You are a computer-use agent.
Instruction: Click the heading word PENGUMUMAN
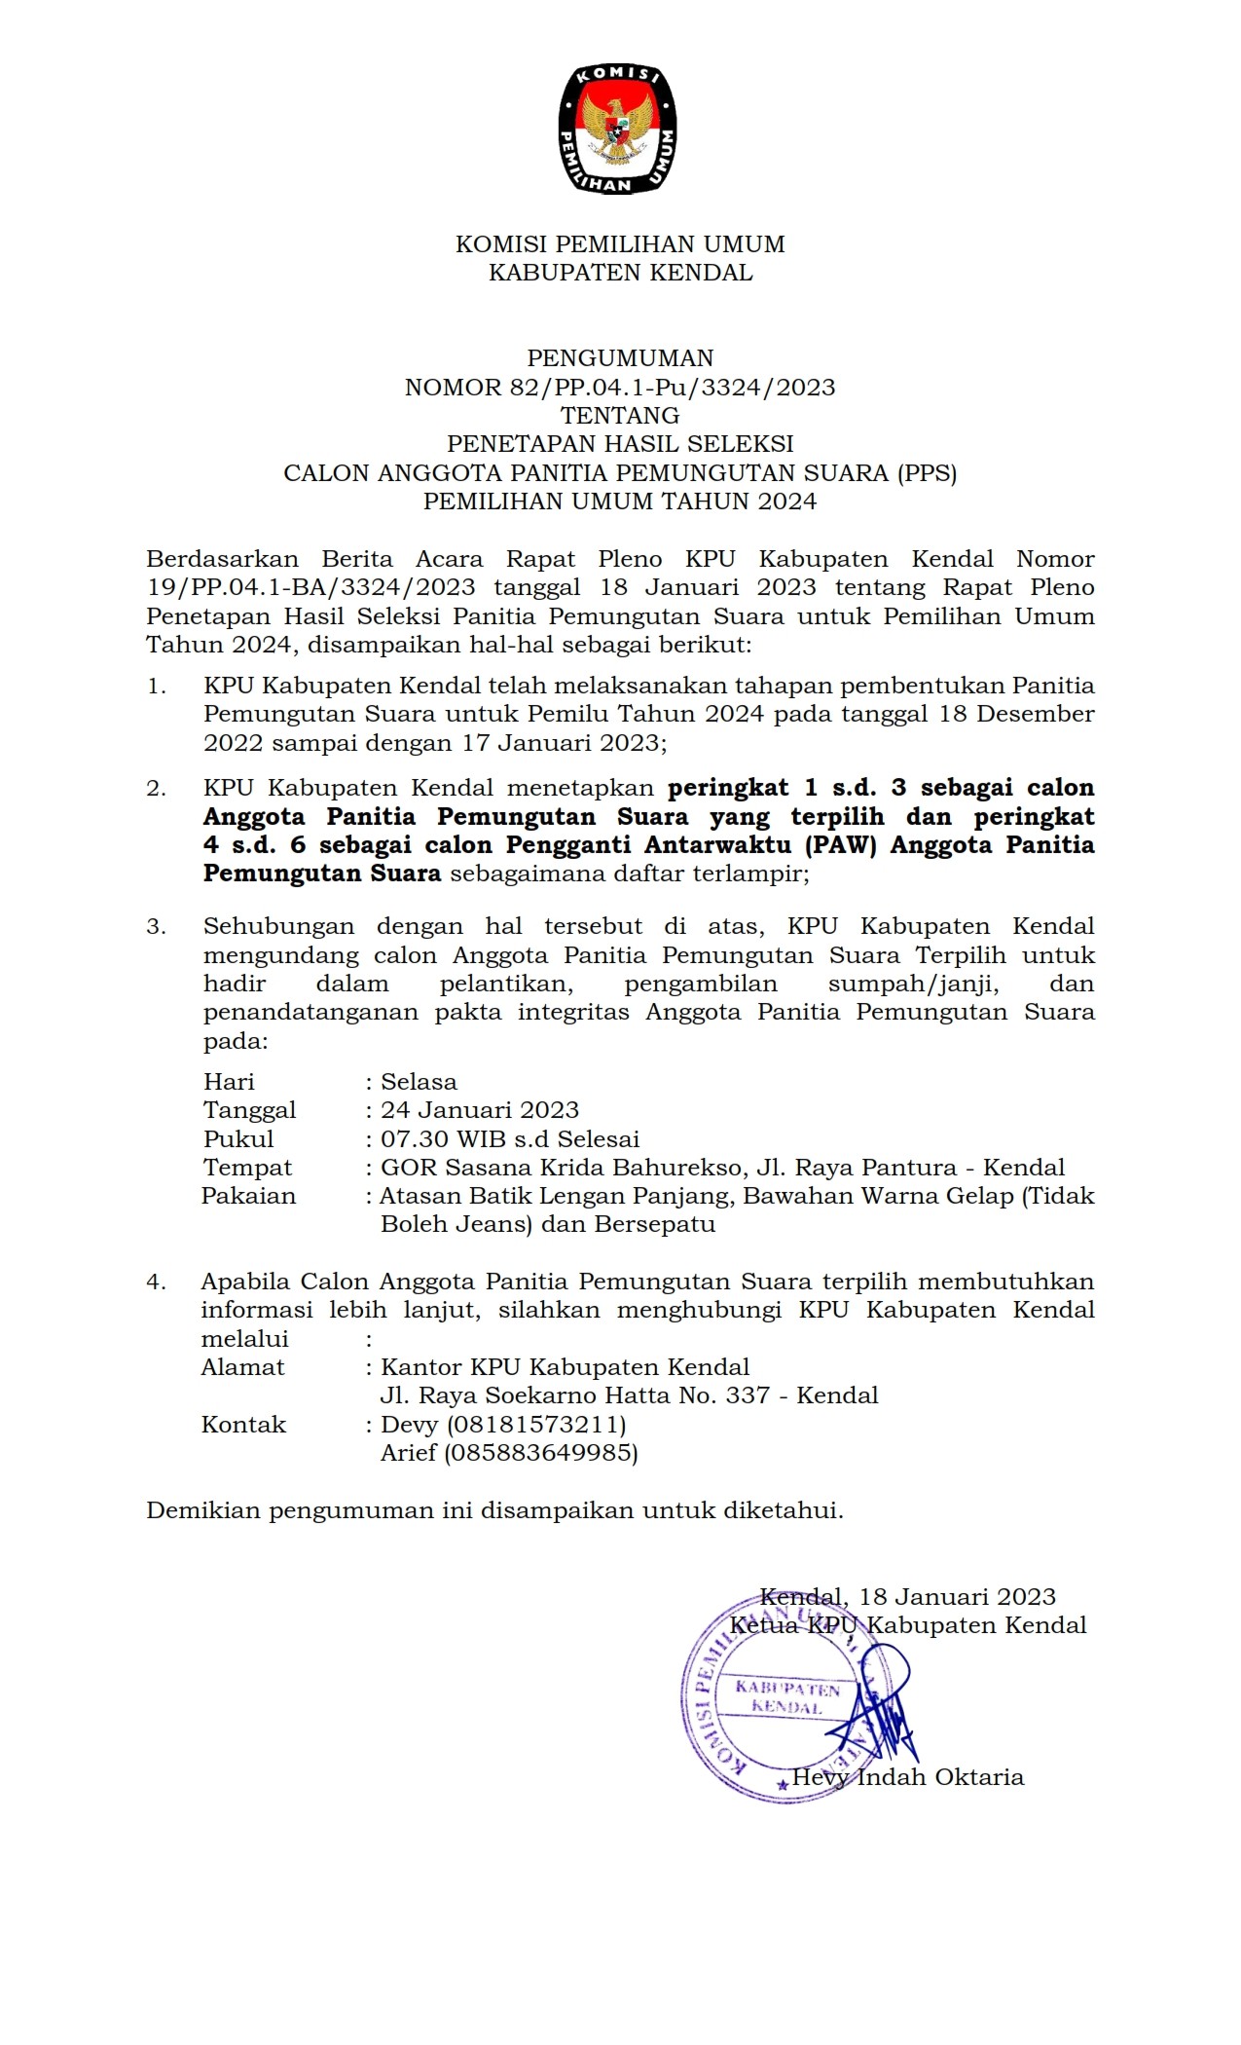(x=620, y=358)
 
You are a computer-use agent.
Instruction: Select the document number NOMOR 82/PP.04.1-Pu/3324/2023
(x=620, y=388)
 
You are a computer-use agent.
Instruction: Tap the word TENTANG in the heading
(x=620, y=416)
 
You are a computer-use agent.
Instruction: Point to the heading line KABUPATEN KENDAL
(x=620, y=273)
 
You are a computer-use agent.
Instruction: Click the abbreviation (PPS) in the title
(x=928, y=473)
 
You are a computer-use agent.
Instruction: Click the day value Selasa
(x=419, y=1082)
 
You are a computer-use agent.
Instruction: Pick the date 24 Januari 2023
(x=480, y=1110)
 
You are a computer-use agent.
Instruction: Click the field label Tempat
(x=247, y=1168)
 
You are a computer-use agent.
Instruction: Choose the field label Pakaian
(x=248, y=1196)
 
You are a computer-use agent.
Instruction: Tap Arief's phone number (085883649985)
(x=541, y=1454)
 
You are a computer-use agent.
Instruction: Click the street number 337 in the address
(x=748, y=1396)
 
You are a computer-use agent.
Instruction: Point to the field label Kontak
(x=243, y=1425)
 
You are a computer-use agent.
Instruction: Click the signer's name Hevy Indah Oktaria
(x=907, y=1777)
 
